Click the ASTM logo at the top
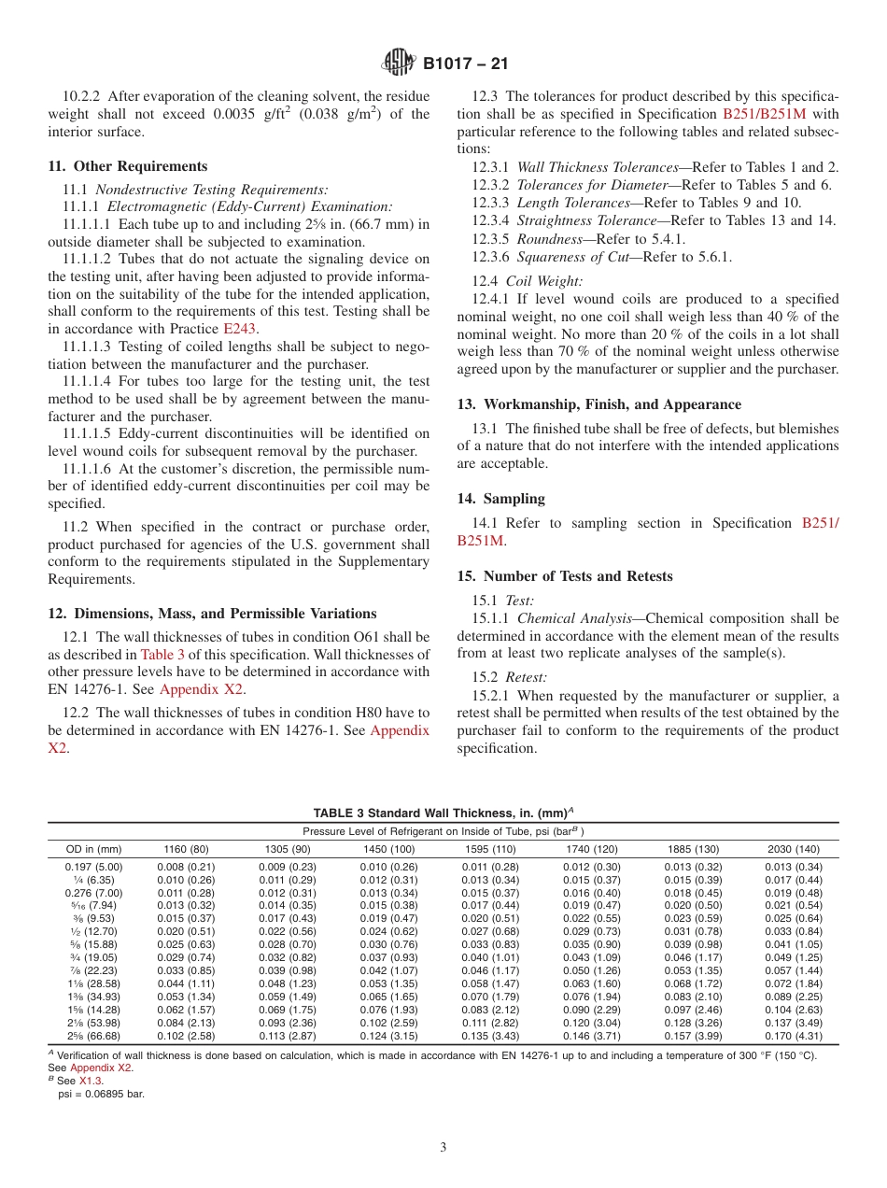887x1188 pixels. pyautogui.click(x=399, y=63)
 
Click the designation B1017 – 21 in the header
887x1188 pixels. pyautogui.click(x=465, y=64)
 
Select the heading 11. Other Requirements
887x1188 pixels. pyautogui.click(x=128, y=166)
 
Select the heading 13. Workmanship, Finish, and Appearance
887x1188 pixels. pyautogui.click(x=599, y=404)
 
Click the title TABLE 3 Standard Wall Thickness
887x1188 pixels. pyautogui.click(x=443, y=813)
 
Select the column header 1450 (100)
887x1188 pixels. pyautogui.click(x=388, y=849)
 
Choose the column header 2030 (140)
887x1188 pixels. pyautogui.click(x=794, y=849)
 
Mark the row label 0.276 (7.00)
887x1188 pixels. pyautogui.click(x=93, y=892)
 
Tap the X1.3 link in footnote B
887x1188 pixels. pyautogui.click(x=91, y=1080)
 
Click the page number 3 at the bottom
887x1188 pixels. pyautogui.click(x=443, y=1147)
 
